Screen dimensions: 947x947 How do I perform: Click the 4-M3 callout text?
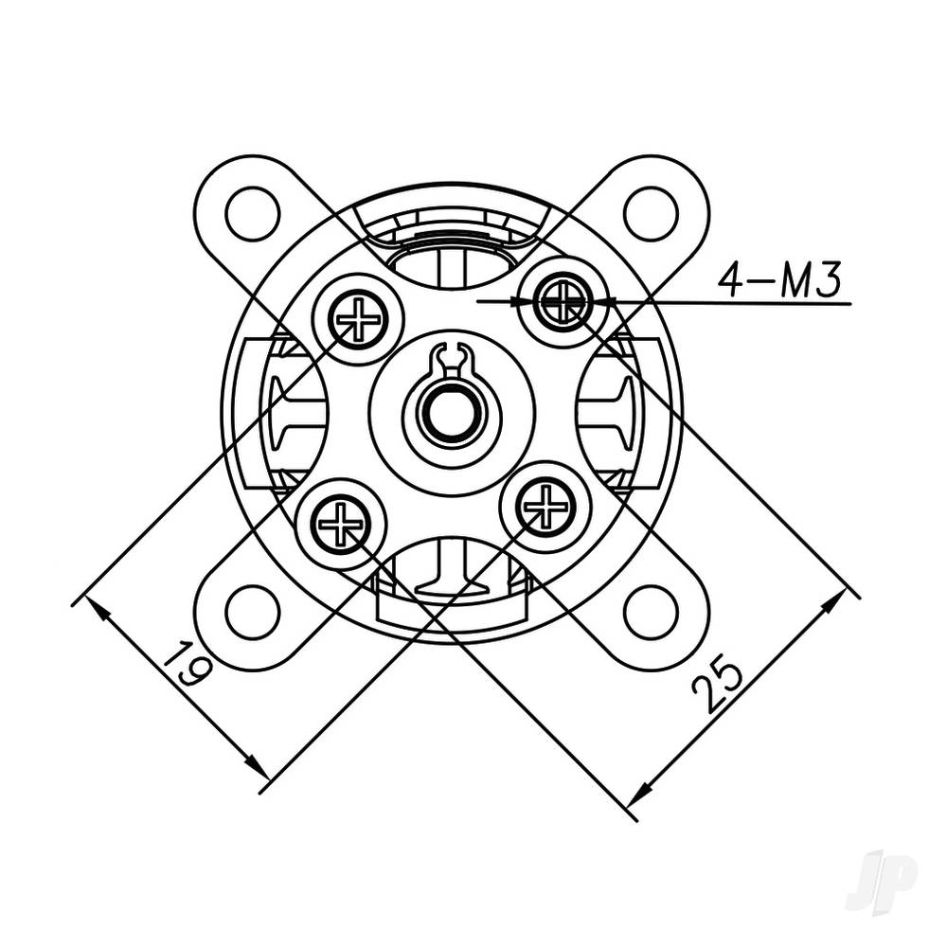coord(778,280)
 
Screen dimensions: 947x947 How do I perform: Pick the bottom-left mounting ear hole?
coord(253,612)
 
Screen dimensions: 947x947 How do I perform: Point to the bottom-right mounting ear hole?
coord(651,612)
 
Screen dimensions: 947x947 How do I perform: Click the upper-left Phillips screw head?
coord(359,319)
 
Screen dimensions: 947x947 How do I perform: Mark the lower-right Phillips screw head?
coord(545,507)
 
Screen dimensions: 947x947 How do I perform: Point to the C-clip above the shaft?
coord(452,359)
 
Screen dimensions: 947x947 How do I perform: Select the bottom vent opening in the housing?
coord(453,566)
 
